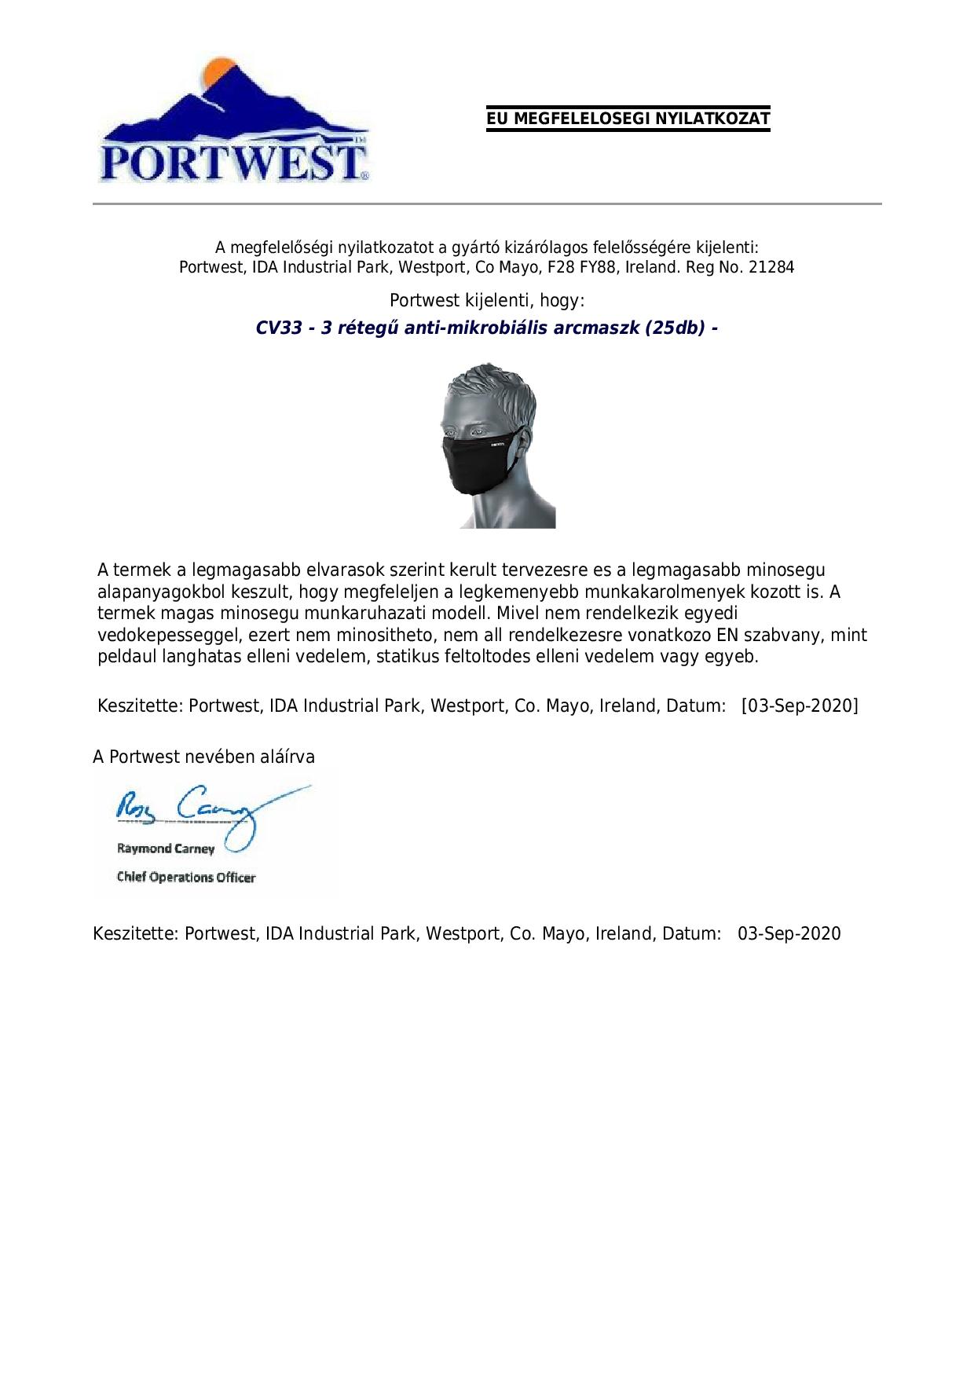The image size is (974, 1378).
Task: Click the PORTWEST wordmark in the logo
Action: pos(233,163)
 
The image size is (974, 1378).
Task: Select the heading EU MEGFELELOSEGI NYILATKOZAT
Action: pos(628,119)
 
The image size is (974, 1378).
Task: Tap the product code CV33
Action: pos(279,328)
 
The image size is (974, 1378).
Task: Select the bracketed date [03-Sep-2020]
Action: pos(800,705)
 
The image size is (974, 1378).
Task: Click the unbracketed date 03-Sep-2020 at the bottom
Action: pos(789,933)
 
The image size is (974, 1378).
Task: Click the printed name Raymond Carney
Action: pos(166,848)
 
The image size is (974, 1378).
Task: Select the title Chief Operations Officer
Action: pos(186,877)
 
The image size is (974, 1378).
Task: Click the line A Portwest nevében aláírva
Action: pos(204,757)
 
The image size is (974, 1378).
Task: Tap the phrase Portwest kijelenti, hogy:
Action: pos(487,301)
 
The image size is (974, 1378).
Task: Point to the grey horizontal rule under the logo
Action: pos(487,204)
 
